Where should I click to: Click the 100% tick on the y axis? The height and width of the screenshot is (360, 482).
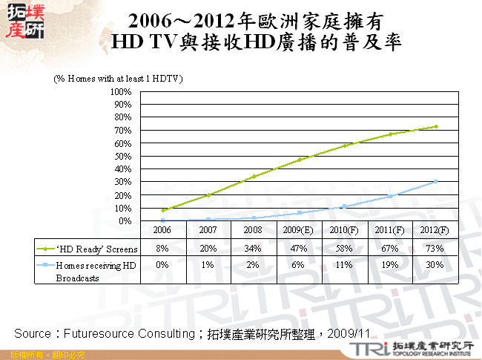[121, 91]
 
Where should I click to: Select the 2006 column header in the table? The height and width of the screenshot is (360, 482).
[162, 231]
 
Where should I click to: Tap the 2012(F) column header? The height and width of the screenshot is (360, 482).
[435, 231]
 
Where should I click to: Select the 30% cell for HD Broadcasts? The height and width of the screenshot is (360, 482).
[435, 264]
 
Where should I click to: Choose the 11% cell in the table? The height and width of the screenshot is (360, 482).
[344, 264]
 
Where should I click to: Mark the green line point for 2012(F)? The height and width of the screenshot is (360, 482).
[436, 126]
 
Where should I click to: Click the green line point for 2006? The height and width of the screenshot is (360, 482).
[162, 210]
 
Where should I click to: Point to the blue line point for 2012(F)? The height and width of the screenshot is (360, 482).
[436, 181]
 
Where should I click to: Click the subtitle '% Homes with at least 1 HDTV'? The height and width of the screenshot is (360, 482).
[118, 78]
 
